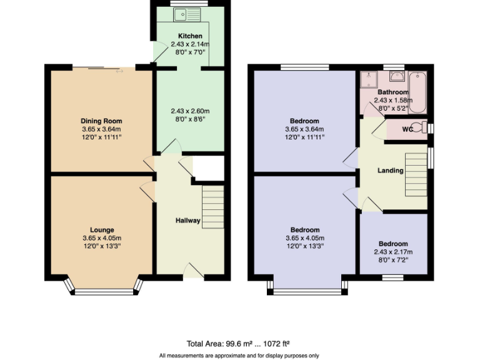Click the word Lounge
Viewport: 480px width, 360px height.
(x=101, y=230)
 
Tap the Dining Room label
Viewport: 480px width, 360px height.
(x=101, y=121)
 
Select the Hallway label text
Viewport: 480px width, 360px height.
(x=187, y=221)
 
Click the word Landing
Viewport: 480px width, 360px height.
(x=391, y=171)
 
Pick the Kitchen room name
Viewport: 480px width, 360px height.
(x=189, y=36)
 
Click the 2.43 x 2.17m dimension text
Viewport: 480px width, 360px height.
(x=393, y=252)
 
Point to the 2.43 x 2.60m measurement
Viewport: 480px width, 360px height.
(x=189, y=111)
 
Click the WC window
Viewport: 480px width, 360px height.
(x=431, y=128)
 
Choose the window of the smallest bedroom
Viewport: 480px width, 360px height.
(x=393, y=276)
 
